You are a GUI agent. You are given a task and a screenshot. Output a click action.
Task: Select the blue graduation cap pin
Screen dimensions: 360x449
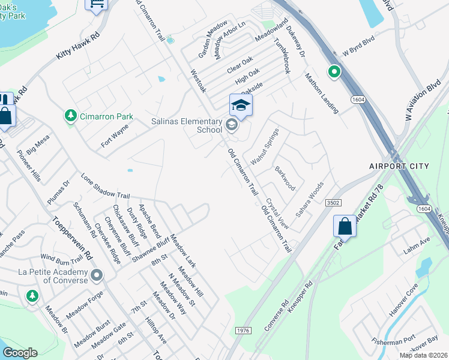(x=241, y=106)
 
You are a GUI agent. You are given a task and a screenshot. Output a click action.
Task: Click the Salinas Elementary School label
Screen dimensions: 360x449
(x=185, y=125)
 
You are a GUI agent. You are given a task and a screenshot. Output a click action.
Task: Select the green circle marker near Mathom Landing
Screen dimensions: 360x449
(x=334, y=73)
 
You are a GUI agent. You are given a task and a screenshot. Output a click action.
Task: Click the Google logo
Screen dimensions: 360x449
(x=20, y=353)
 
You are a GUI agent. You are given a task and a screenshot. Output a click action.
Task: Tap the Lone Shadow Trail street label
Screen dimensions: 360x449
(x=105, y=187)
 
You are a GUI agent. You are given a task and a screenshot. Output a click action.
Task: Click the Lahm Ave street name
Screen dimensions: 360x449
(x=417, y=241)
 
